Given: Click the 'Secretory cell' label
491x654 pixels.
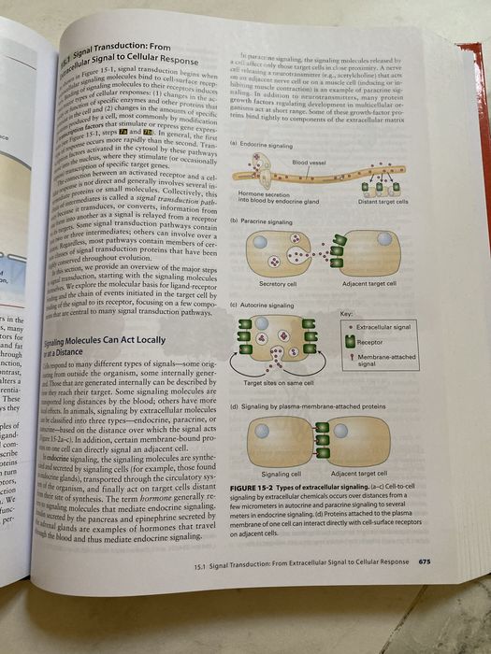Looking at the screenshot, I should pos(278,284).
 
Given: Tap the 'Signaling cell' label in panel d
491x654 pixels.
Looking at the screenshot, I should pos(278,475).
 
